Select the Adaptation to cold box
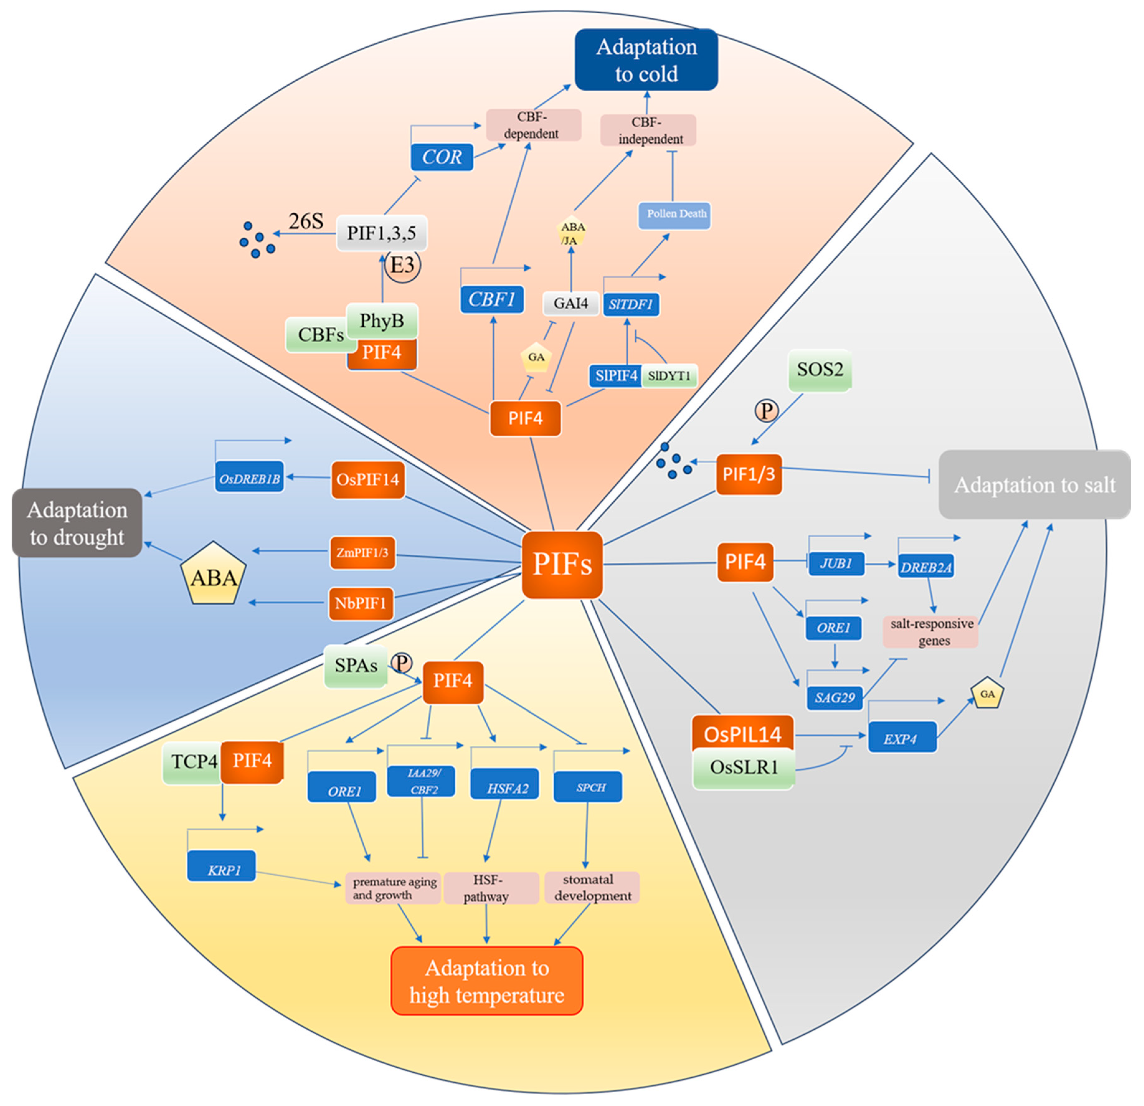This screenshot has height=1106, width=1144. click(x=646, y=59)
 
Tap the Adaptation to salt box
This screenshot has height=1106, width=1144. click(x=1034, y=484)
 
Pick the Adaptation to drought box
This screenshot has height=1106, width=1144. click(x=77, y=523)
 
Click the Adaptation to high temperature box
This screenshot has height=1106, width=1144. click(x=487, y=981)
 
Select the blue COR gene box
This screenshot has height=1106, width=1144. click(x=442, y=156)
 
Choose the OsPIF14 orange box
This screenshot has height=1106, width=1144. click(x=368, y=479)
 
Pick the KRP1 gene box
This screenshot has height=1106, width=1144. click(x=222, y=866)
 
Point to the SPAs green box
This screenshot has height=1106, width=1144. click(x=356, y=666)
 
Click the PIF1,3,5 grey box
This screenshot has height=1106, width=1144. click(x=382, y=233)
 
